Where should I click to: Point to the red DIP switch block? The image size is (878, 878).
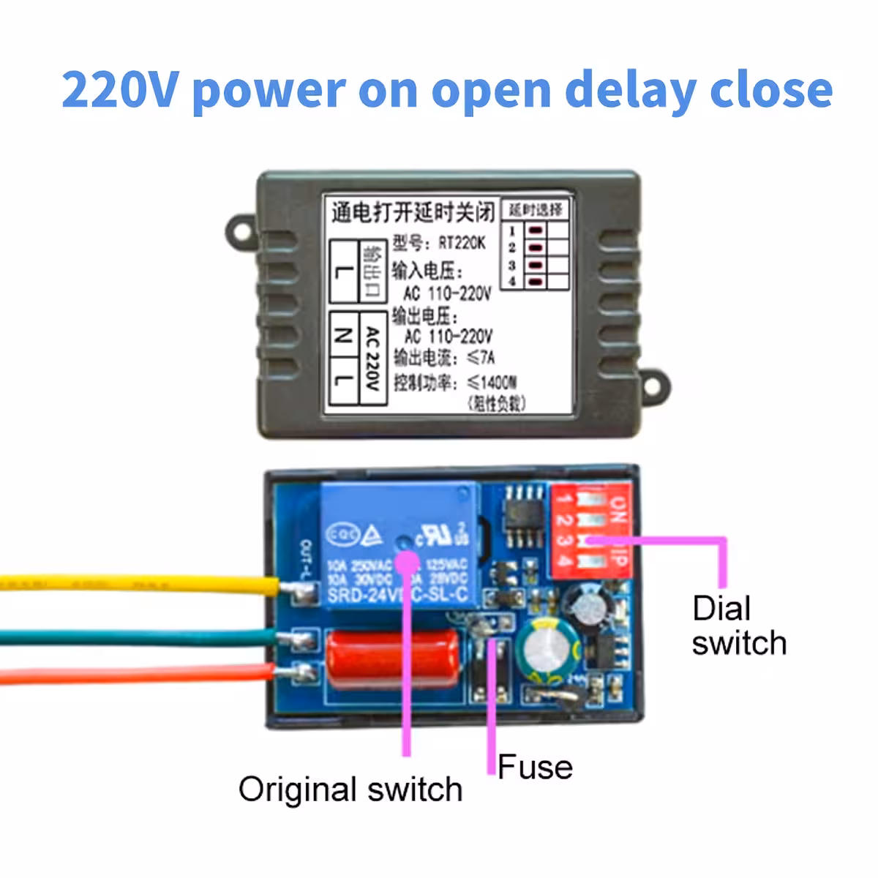tap(589, 530)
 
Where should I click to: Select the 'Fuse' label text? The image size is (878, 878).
tap(535, 768)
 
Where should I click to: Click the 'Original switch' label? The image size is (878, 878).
tap(350, 790)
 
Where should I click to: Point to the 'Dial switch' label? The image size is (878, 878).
tap(738, 626)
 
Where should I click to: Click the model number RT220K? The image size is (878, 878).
tap(462, 242)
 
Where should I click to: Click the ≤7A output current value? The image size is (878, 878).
tap(481, 357)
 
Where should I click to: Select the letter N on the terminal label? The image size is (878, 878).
tap(342, 336)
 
